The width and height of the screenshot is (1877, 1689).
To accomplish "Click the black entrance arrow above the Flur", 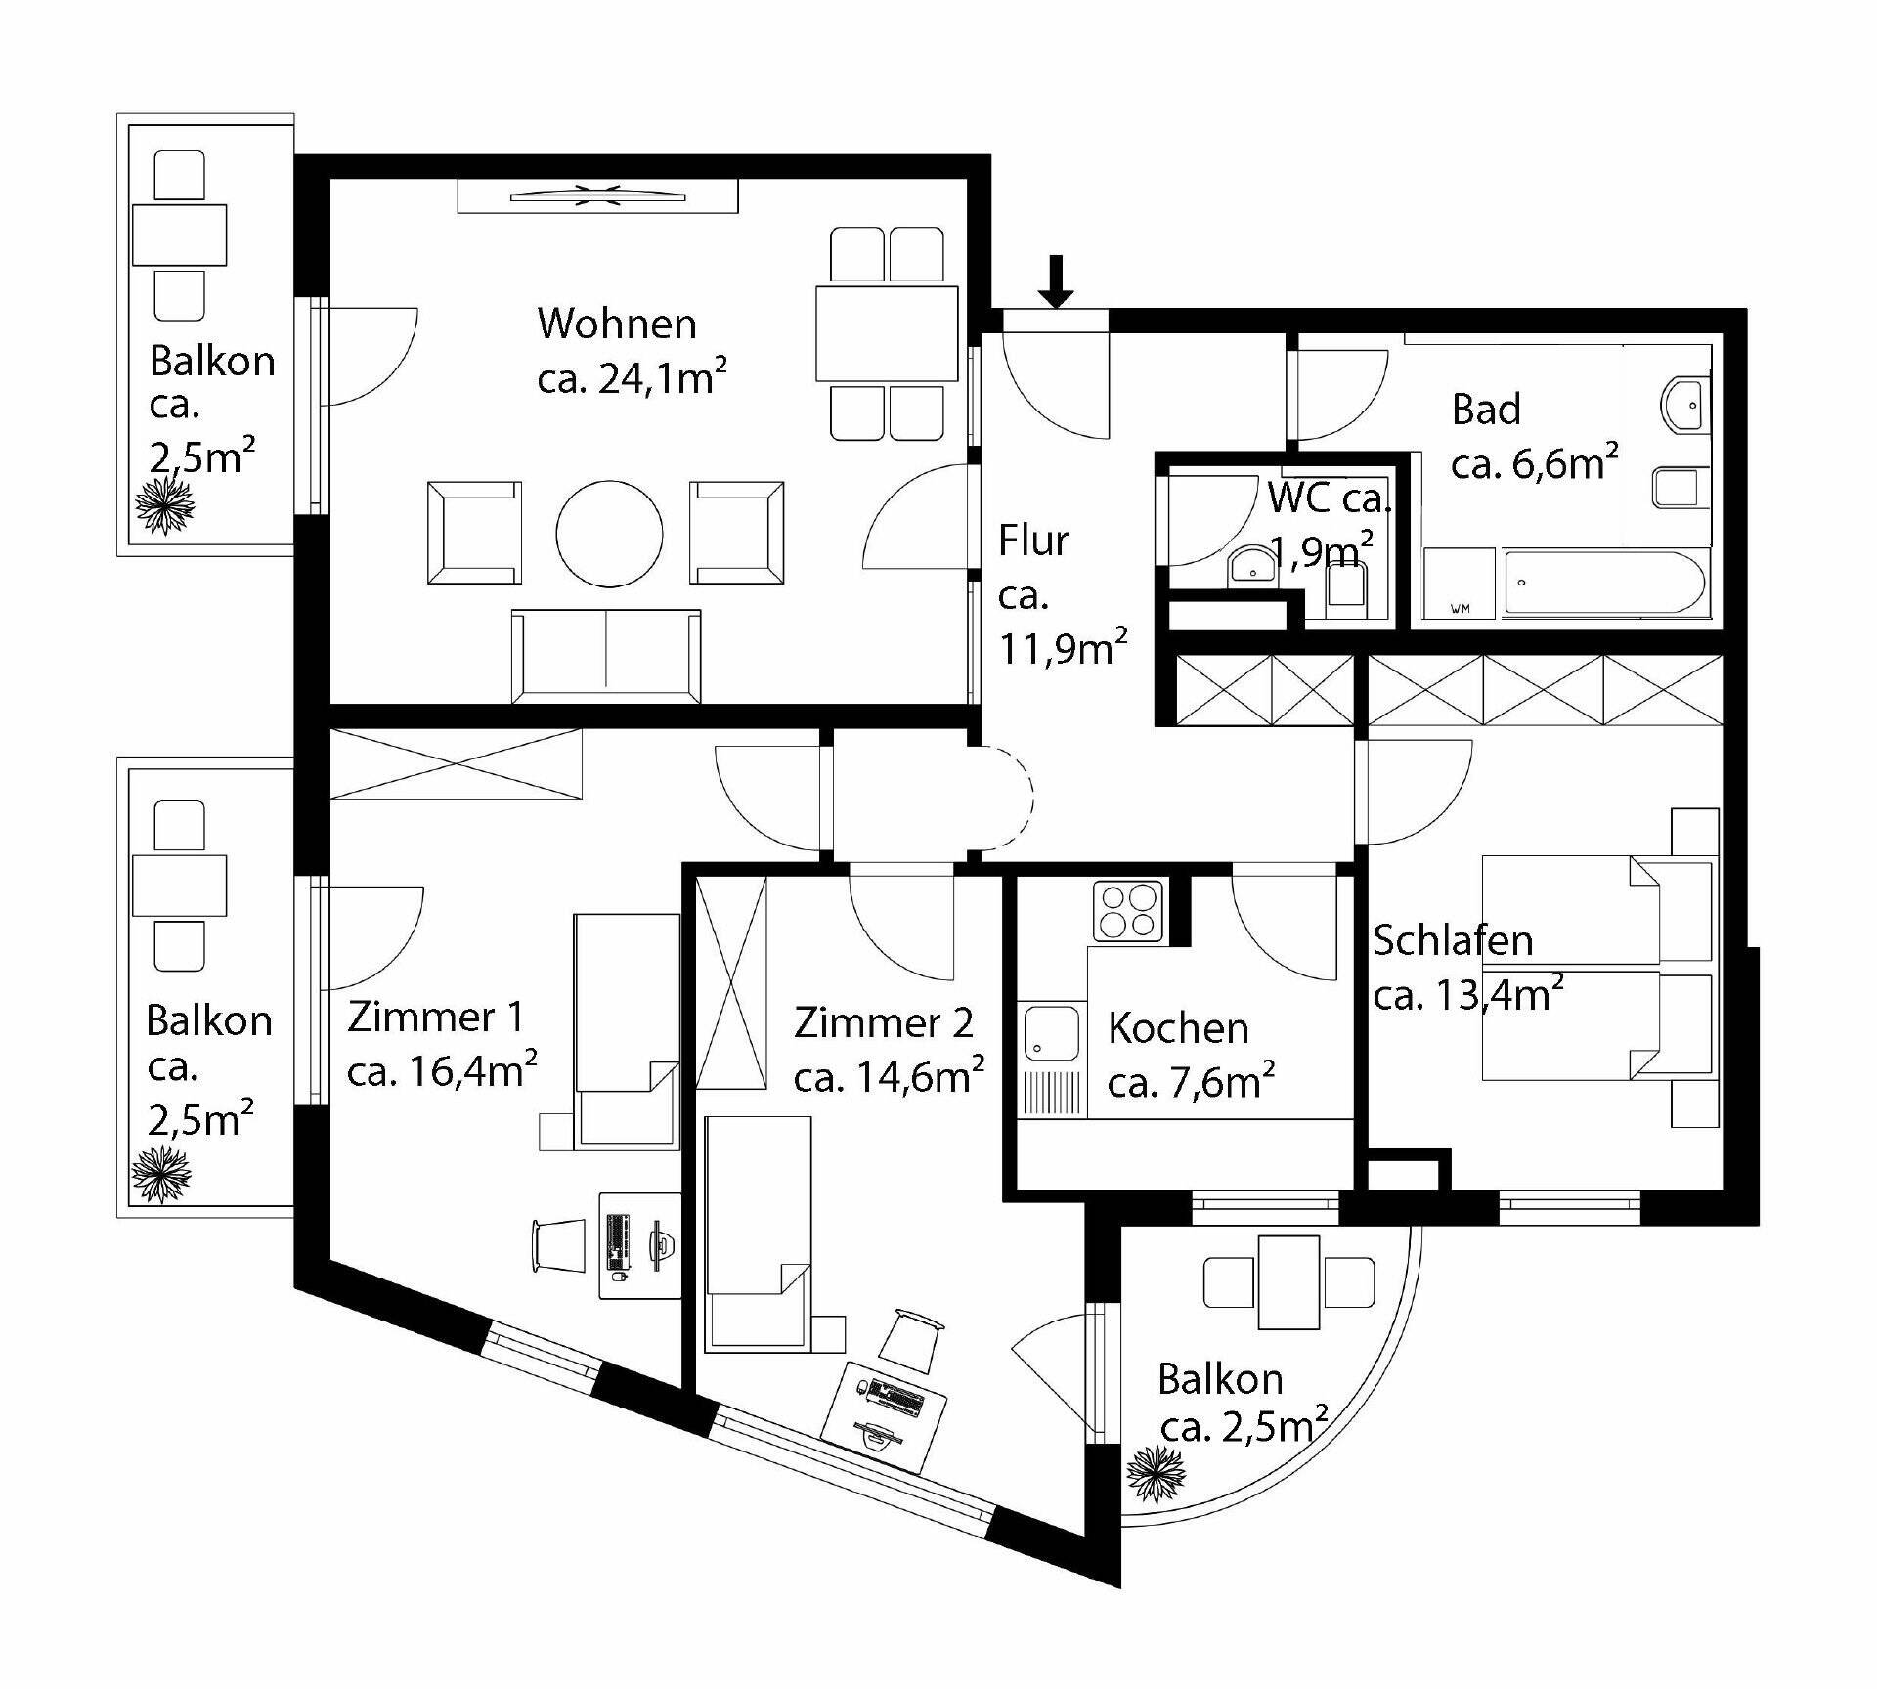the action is (1055, 281).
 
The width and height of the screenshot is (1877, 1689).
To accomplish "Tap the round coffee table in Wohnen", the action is (609, 534).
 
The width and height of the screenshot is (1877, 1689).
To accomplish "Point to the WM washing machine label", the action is (1460, 610).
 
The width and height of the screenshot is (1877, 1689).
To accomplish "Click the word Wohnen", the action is (617, 324).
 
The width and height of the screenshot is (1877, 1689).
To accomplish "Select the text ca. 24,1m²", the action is (632, 377).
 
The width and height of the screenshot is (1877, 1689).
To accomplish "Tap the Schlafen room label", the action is (1453, 940).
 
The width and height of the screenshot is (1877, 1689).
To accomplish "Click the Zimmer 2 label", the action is (884, 1022).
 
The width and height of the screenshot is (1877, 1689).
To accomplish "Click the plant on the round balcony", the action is (1157, 1474).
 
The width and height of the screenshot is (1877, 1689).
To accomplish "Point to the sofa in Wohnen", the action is (606, 656).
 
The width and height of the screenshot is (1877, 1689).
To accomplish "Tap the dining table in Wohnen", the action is (887, 332).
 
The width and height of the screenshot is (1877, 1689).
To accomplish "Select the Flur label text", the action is (1033, 541).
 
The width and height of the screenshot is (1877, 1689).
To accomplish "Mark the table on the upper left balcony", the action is (179, 235).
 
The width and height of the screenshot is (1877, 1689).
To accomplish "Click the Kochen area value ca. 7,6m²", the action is (1191, 1082).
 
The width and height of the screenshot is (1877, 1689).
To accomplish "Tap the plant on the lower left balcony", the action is (161, 1174).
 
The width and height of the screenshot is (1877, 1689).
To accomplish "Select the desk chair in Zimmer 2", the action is (911, 1334).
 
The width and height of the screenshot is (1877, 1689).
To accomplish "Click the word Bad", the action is (1486, 410).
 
